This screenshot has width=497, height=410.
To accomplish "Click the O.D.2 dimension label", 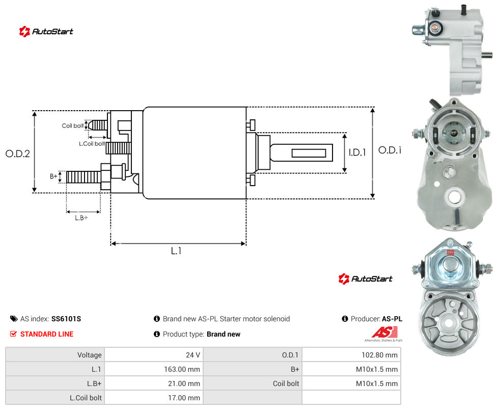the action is (x=18, y=153).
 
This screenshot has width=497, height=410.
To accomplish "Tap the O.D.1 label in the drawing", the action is (x=390, y=150).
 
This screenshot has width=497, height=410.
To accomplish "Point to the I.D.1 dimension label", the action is (x=357, y=152).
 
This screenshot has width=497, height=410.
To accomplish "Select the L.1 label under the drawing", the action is (x=176, y=251).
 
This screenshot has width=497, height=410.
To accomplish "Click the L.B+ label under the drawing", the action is (x=81, y=218).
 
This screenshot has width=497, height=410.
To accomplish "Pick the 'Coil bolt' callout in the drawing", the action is (x=73, y=125).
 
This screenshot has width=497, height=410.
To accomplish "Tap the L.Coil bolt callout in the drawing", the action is (x=92, y=144).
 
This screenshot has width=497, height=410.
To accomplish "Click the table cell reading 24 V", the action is (x=154, y=355).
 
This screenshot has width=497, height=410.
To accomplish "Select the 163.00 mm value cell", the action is (x=154, y=369).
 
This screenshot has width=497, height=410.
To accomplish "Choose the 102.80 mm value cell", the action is (x=351, y=355).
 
